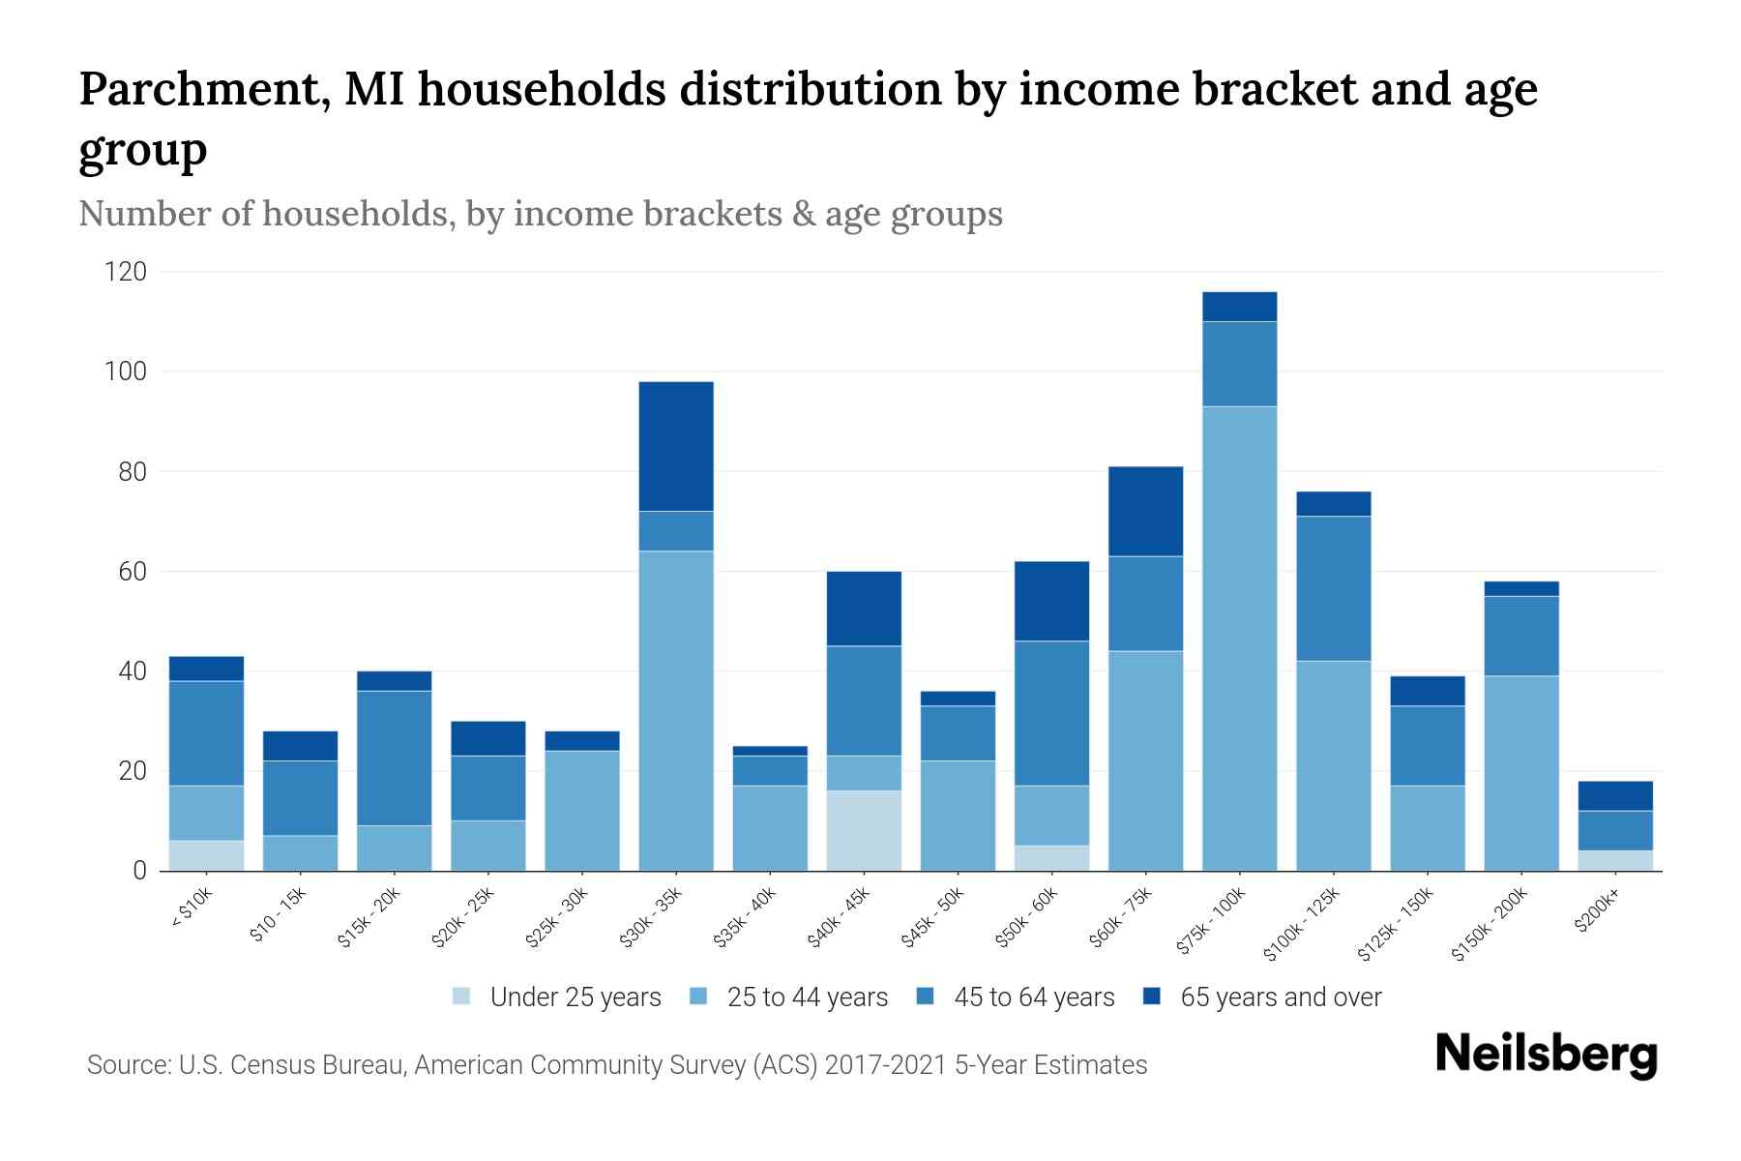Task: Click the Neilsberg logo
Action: coord(1546,1055)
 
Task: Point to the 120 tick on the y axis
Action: coord(125,272)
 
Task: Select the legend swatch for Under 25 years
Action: coord(462,996)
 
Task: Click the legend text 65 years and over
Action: coord(1281,997)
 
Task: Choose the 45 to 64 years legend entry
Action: coord(1033,997)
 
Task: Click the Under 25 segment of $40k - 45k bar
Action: coord(864,830)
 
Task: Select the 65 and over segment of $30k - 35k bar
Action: coord(676,446)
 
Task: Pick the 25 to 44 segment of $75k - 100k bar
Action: coord(1239,639)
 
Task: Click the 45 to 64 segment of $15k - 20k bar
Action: coord(394,758)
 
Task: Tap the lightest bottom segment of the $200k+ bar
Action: coord(1615,860)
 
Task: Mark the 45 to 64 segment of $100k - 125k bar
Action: coord(1333,588)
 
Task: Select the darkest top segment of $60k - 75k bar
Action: coord(1145,511)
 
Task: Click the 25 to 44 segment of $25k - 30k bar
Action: coord(582,811)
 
